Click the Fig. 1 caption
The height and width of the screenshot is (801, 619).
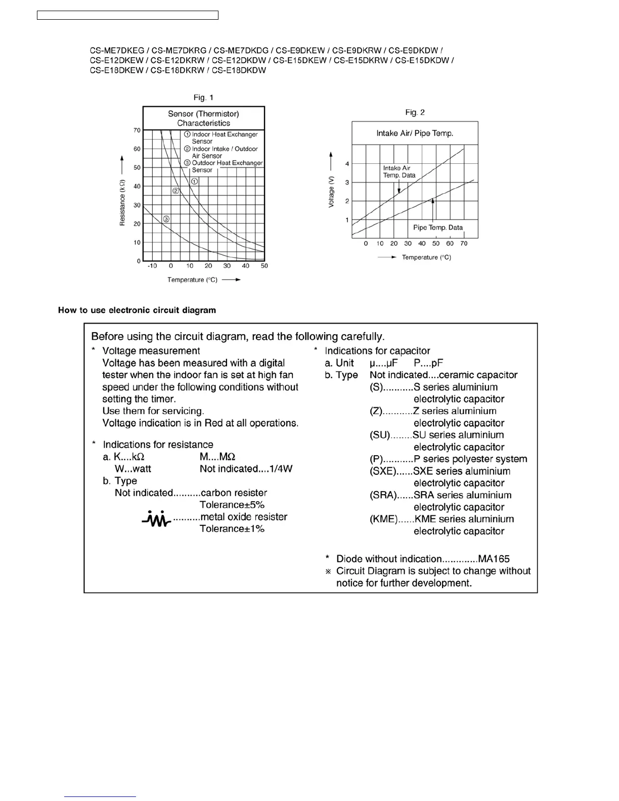[204, 98]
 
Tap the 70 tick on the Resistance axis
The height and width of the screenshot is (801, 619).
[137, 130]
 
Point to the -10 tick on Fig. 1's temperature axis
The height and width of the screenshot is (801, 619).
[152, 266]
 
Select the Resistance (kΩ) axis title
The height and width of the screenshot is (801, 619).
[122, 202]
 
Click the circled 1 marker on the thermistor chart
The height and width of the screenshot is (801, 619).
[195, 181]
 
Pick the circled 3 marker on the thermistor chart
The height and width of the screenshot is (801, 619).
[166, 219]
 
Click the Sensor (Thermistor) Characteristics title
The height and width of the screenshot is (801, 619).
[203, 118]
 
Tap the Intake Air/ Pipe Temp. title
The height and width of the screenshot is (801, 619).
[415, 133]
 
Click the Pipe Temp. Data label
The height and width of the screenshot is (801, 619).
[438, 228]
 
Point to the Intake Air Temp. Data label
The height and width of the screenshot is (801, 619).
[399, 172]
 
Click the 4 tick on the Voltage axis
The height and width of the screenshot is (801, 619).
[347, 164]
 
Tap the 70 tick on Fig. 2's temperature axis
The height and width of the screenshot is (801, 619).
[464, 244]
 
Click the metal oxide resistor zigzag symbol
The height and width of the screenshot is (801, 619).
[156, 518]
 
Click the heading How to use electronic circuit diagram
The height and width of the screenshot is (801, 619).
[137, 310]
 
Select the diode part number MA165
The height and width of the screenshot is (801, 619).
[494, 559]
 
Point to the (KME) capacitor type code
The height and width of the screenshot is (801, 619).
[384, 519]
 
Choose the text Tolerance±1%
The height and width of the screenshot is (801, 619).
[232, 529]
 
